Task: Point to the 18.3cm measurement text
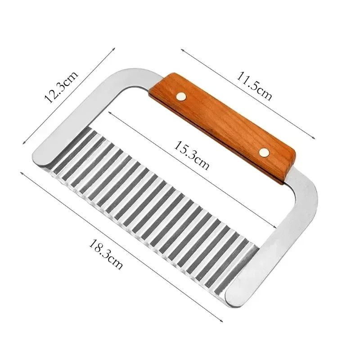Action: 106,255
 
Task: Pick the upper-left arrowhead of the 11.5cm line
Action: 182,50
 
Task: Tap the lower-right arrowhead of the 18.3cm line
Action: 223,321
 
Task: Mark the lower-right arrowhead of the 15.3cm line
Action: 275,228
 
